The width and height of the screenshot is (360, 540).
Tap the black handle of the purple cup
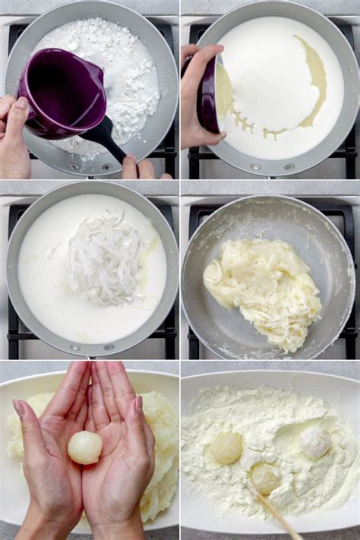pyautogui.click(x=106, y=138)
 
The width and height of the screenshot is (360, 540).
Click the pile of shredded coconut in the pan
pyautogui.click(x=103, y=258)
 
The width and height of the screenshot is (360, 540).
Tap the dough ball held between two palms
pyautogui.click(x=84, y=447)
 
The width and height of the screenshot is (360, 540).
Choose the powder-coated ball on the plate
pyautogui.click(x=314, y=442)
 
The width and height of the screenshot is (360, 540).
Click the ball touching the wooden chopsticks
pyautogui.click(x=264, y=478)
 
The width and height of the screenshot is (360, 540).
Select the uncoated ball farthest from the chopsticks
pyautogui.click(x=226, y=448)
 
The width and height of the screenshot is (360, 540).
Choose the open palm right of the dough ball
pyautogui.click(x=120, y=456)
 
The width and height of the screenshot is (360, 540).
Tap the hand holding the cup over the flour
pyautogui.click(x=14, y=137)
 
